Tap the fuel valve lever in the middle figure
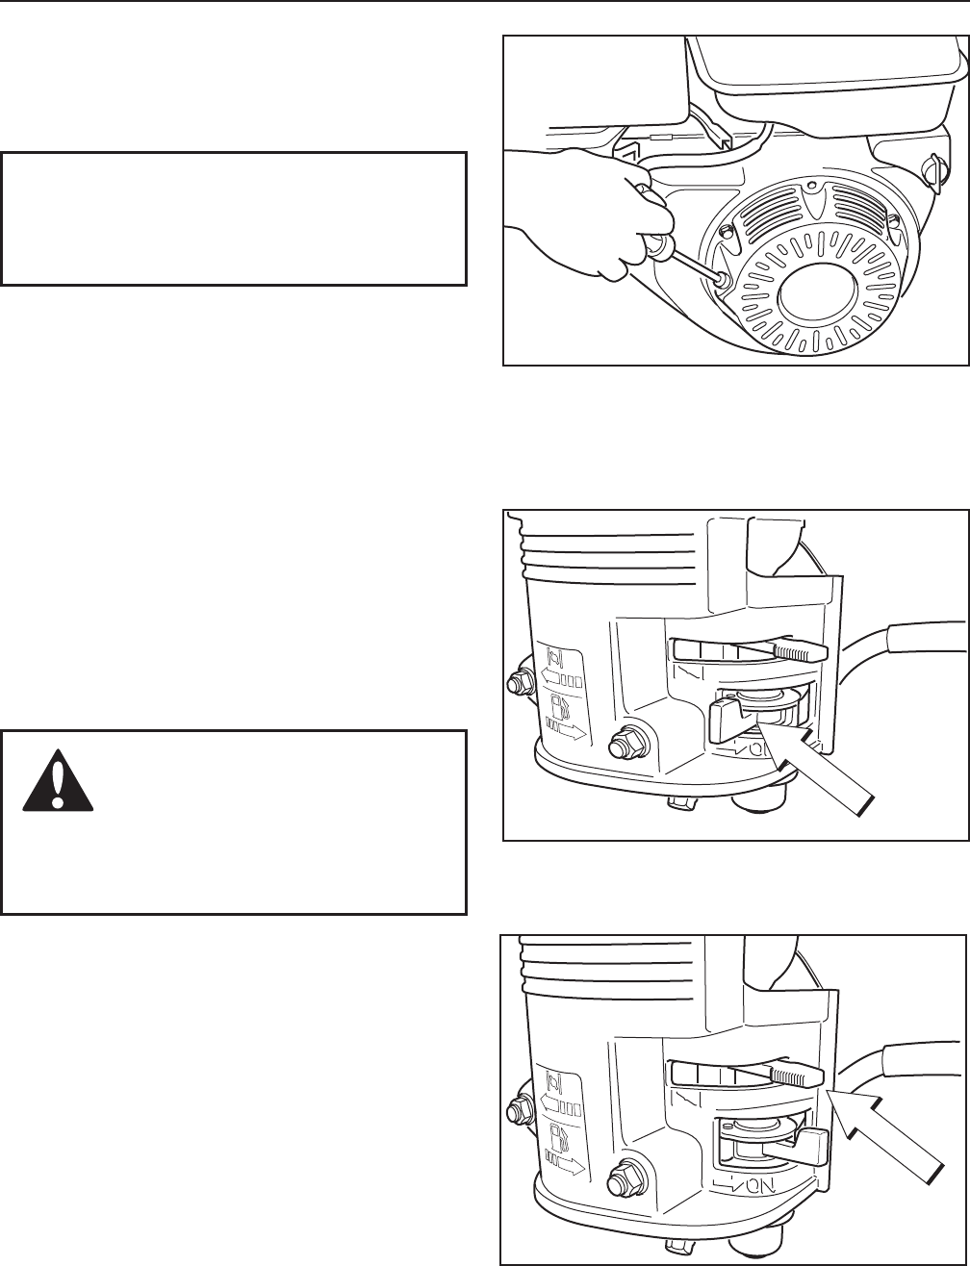click(x=731, y=719)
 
